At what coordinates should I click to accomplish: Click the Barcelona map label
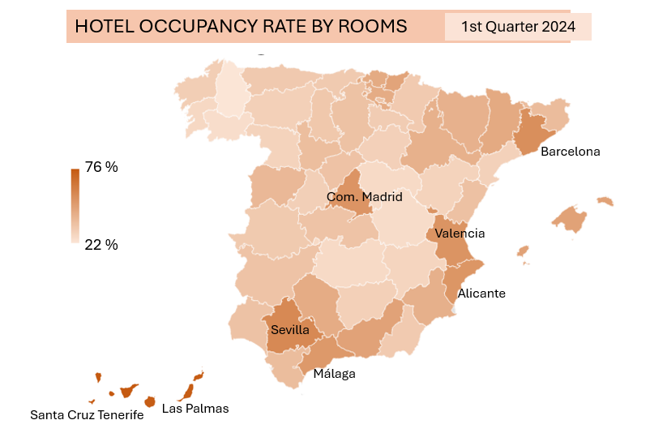570,152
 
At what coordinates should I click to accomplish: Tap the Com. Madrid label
364,197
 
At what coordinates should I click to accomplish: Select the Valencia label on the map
460,234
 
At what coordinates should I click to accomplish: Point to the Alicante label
481,294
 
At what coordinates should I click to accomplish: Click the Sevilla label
290,330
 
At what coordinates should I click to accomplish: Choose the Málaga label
334,374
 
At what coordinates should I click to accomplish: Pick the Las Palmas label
195,409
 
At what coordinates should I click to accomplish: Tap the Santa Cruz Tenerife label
87,415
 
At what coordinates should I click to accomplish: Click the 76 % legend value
101,168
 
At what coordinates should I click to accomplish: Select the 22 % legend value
101,244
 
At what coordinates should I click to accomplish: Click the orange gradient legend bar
75,205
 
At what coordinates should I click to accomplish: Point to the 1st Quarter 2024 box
518,27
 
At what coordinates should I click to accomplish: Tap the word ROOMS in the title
376,27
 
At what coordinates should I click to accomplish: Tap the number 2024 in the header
557,27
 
